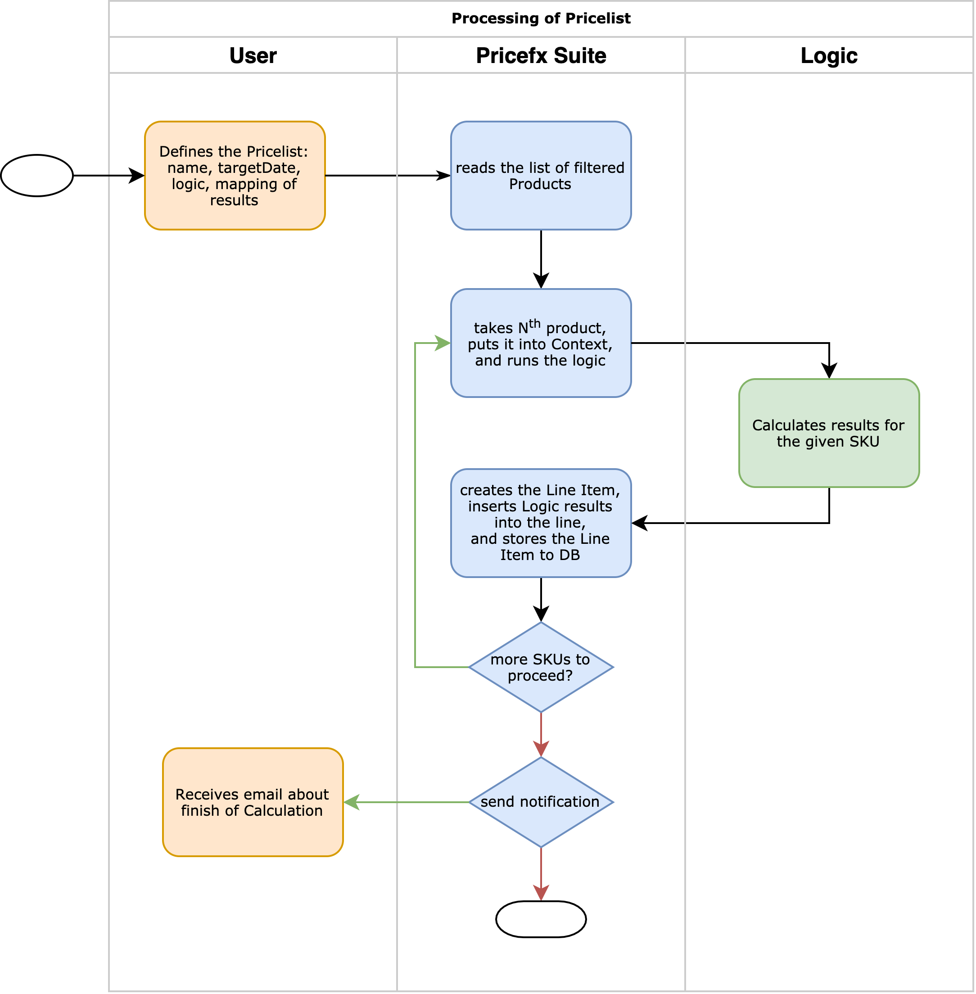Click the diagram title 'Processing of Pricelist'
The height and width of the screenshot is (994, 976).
[x=541, y=18]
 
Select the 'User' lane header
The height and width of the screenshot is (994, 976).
[x=253, y=55]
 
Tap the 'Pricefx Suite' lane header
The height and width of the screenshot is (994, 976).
[x=541, y=55]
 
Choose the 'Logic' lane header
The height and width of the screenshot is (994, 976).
[x=829, y=55]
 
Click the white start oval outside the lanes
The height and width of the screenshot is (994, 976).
[x=37, y=175]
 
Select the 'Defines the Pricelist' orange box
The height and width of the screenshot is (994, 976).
[x=235, y=175]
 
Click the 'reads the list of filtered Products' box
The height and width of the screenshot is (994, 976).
[x=541, y=175]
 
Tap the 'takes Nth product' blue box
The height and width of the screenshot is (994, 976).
[x=541, y=343]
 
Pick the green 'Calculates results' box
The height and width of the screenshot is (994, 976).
[x=829, y=433]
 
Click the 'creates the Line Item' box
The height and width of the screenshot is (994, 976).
[x=541, y=523]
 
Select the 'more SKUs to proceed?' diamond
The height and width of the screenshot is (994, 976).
[x=541, y=667]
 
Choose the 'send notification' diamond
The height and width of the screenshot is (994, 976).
[x=541, y=802]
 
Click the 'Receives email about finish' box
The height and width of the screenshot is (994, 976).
[x=253, y=802]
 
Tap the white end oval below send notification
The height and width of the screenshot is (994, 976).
[x=541, y=919]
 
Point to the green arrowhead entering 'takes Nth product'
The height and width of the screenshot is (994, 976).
[x=443, y=343]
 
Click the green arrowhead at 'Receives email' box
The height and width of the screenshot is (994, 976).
[x=352, y=802]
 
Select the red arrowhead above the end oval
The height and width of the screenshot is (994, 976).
[x=541, y=893]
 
